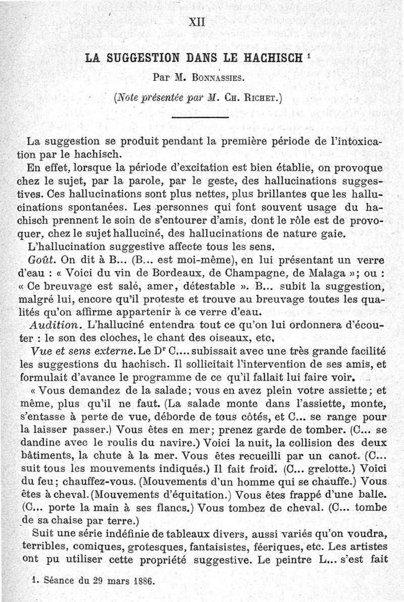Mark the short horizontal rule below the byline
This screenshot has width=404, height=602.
pos(201,118)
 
